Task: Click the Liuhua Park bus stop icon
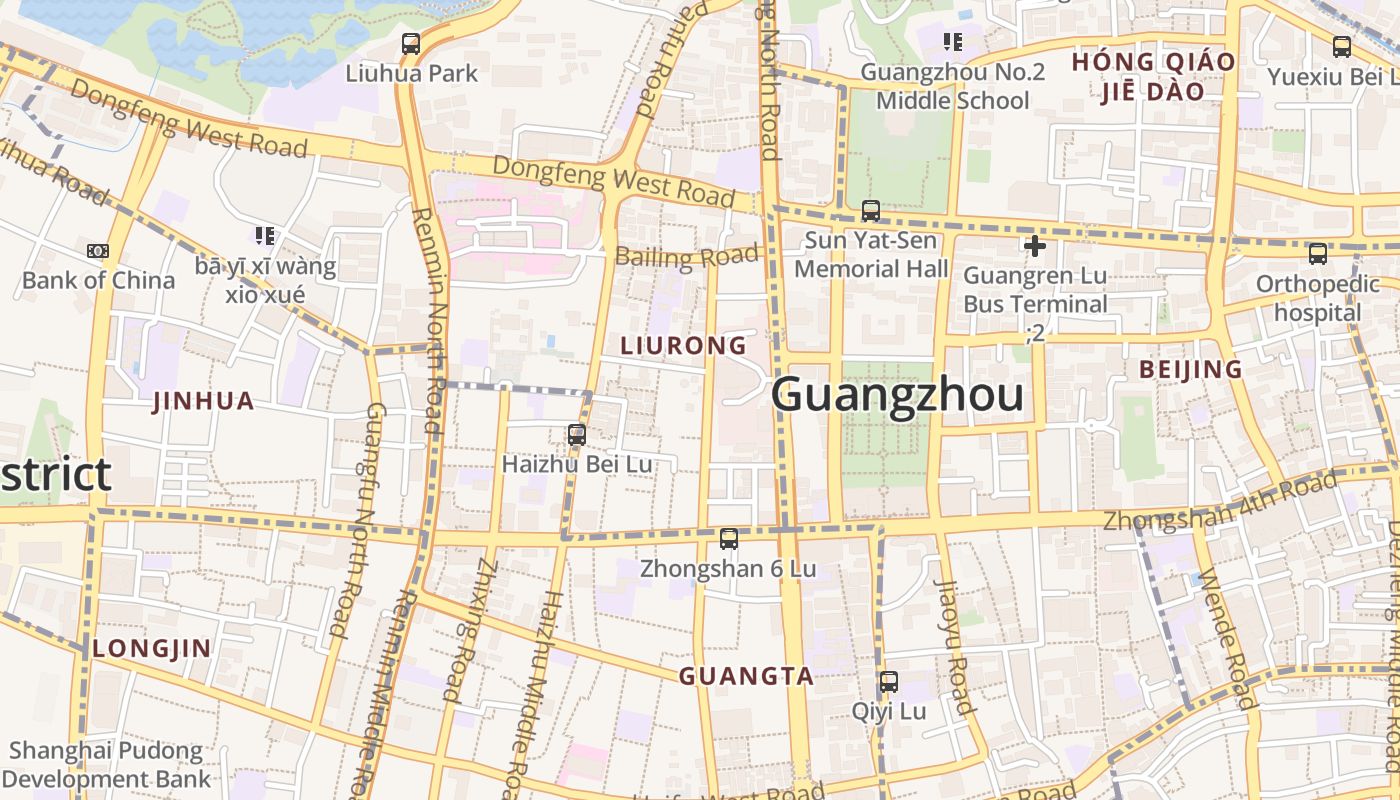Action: pyautogui.click(x=410, y=44)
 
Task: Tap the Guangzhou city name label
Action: pyautogui.click(x=897, y=395)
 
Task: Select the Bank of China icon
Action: pyautogui.click(x=98, y=251)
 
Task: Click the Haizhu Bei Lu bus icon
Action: pyautogui.click(x=576, y=435)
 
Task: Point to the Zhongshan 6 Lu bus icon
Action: pyautogui.click(x=728, y=539)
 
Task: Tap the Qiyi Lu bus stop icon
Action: pyautogui.click(x=888, y=682)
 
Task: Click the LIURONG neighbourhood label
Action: pyautogui.click(x=683, y=346)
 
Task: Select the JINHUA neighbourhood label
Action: pyautogui.click(x=203, y=402)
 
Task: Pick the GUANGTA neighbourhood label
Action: pyautogui.click(x=746, y=677)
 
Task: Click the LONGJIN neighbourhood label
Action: pyautogui.click(x=152, y=649)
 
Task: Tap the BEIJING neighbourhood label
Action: pyautogui.click(x=1191, y=370)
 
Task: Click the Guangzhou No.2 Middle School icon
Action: pyautogui.click(x=952, y=42)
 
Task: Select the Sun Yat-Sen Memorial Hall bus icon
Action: pyautogui.click(x=870, y=211)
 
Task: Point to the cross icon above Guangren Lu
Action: pyautogui.click(x=1035, y=245)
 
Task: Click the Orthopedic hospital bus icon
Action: pyautogui.click(x=1317, y=254)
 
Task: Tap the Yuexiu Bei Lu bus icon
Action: pyautogui.click(x=1341, y=46)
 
